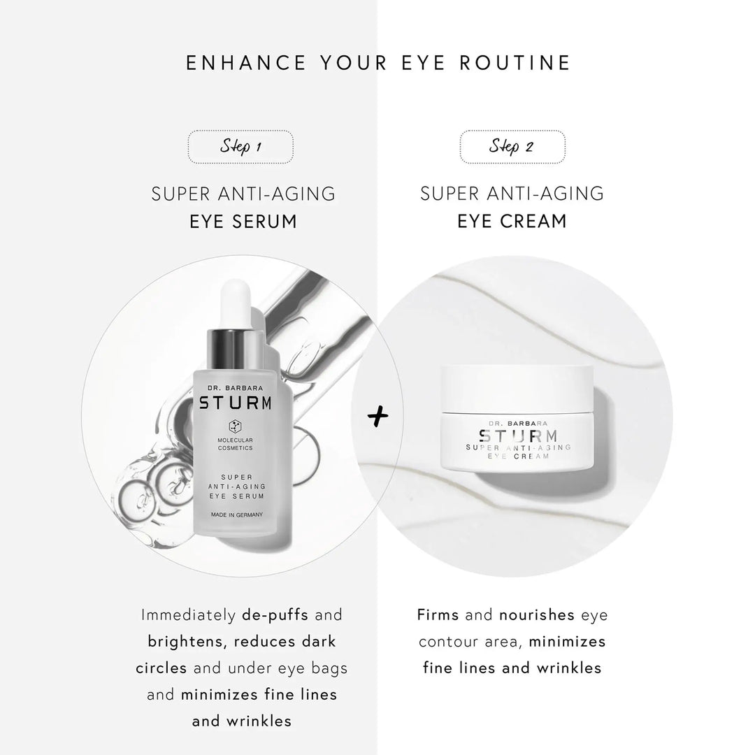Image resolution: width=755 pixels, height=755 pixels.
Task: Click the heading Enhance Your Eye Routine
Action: click(378, 63)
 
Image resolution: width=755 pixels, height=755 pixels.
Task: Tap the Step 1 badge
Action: click(240, 147)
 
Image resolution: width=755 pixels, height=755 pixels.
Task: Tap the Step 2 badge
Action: click(512, 147)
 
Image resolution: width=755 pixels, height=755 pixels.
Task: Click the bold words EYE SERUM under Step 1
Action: click(243, 222)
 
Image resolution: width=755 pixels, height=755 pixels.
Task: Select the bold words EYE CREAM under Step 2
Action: click(512, 222)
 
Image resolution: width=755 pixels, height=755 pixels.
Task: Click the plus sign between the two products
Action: click(377, 417)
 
